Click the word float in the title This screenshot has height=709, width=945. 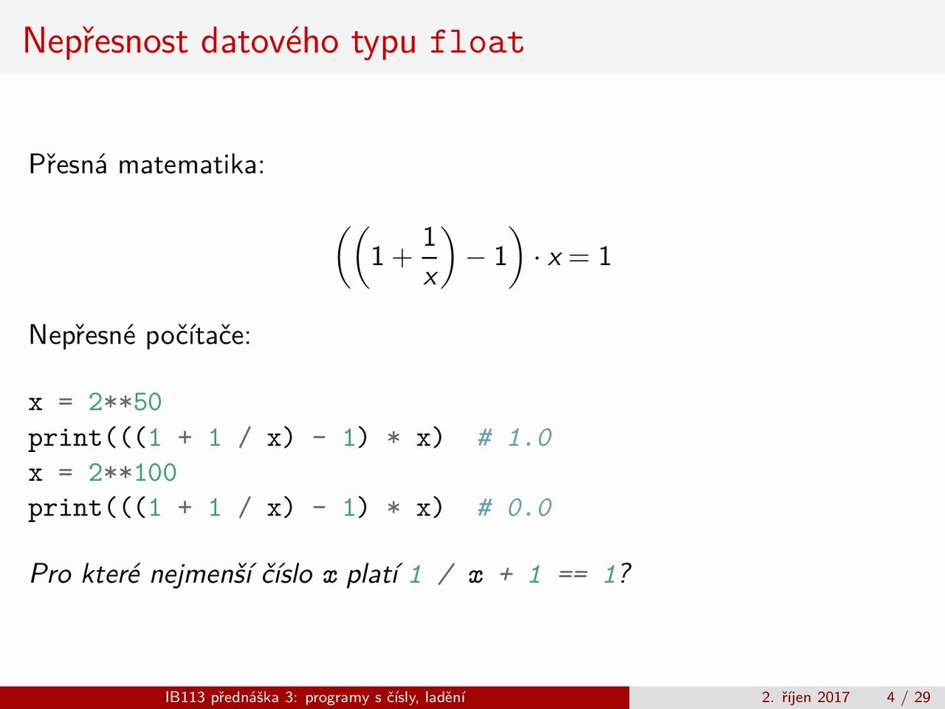click(477, 42)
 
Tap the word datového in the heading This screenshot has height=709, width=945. click(270, 41)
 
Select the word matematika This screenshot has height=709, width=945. click(191, 165)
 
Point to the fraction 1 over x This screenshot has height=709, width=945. click(429, 256)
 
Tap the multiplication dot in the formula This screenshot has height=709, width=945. click(537, 258)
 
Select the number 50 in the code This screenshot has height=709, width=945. click(148, 403)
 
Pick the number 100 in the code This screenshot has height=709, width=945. click(156, 473)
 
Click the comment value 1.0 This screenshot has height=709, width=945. click(529, 438)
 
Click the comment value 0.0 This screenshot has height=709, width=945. click(529, 507)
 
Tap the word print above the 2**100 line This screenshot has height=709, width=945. click(65, 439)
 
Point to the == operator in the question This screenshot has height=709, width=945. click(573, 575)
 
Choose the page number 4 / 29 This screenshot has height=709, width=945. click(909, 697)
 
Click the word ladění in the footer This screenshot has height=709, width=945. click(445, 697)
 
